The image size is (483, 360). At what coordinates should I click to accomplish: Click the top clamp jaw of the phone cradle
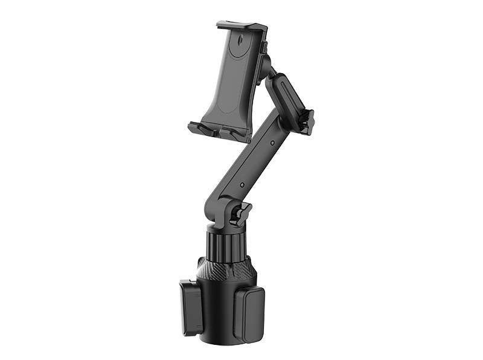[241, 27]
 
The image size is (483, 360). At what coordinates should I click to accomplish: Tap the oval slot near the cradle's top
[241, 43]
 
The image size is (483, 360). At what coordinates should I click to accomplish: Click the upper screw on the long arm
[272, 143]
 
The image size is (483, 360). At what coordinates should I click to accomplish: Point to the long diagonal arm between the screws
[257, 163]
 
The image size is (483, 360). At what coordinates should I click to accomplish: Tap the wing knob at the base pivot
[243, 213]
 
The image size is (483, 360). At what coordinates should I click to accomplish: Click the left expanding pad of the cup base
[191, 307]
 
